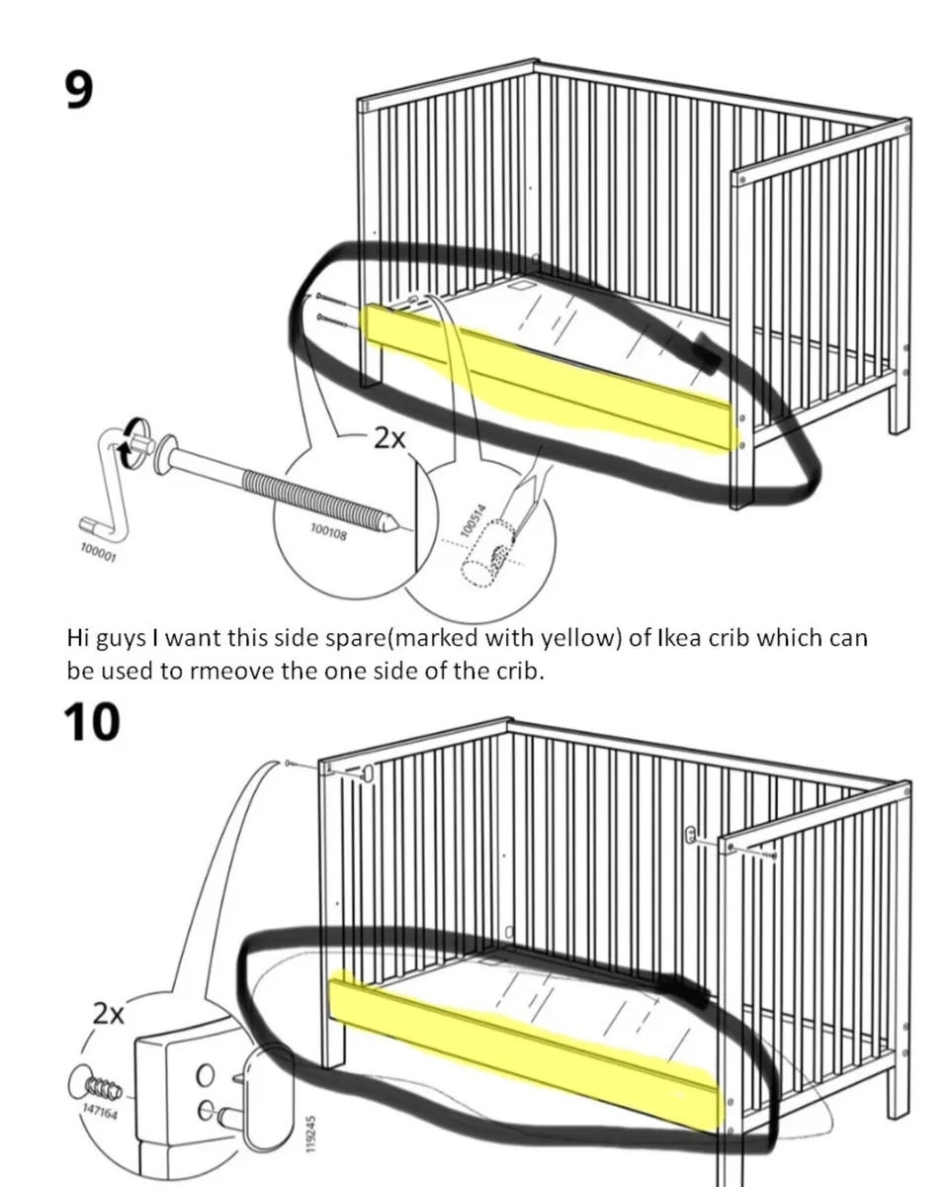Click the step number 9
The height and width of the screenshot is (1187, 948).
point(79,89)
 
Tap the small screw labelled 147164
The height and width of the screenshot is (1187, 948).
point(91,1088)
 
